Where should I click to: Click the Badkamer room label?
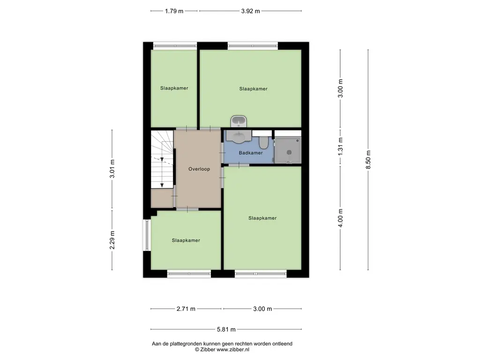(251, 153)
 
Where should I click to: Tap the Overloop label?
(199, 169)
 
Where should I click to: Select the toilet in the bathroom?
(263, 142)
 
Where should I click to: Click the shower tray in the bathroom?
(288, 150)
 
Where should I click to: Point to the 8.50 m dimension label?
(368, 159)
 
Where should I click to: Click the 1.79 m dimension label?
(174, 11)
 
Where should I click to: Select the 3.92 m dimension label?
(250, 11)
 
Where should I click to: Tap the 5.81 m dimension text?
(226, 330)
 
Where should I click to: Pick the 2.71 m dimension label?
(186, 309)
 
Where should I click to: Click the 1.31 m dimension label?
(340, 146)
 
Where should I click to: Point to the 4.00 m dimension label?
(340, 218)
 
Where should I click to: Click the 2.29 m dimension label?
(112, 240)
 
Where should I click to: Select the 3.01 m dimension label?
(112, 169)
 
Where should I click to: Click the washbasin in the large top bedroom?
(239, 121)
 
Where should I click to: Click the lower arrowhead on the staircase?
(162, 185)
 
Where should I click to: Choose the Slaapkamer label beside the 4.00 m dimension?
(262, 218)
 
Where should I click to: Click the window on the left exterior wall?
(147, 235)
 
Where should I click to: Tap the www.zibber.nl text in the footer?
(232, 350)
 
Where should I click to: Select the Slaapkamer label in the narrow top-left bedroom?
(174, 88)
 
